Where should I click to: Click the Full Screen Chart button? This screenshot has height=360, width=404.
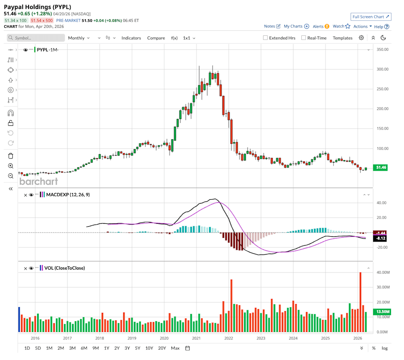(371, 17)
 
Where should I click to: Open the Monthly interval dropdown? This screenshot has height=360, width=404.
(79, 38)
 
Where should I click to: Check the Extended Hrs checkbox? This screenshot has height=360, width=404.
(266, 38)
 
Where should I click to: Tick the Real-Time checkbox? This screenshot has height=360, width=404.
(303, 38)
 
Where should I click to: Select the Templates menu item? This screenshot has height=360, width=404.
(343, 38)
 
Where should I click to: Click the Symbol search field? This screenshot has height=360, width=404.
(36, 38)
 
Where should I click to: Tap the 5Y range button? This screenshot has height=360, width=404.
(138, 348)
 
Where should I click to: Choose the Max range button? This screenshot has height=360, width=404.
(175, 348)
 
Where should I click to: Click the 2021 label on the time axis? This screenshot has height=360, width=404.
(196, 338)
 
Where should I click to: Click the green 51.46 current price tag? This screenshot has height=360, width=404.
(381, 167)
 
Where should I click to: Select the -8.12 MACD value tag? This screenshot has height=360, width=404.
(381, 238)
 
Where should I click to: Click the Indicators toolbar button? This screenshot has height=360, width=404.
(131, 38)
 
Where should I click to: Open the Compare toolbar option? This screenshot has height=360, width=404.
(156, 38)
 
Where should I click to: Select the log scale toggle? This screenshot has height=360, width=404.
(385, 348)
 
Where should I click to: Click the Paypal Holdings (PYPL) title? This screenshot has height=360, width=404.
(37, 7)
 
